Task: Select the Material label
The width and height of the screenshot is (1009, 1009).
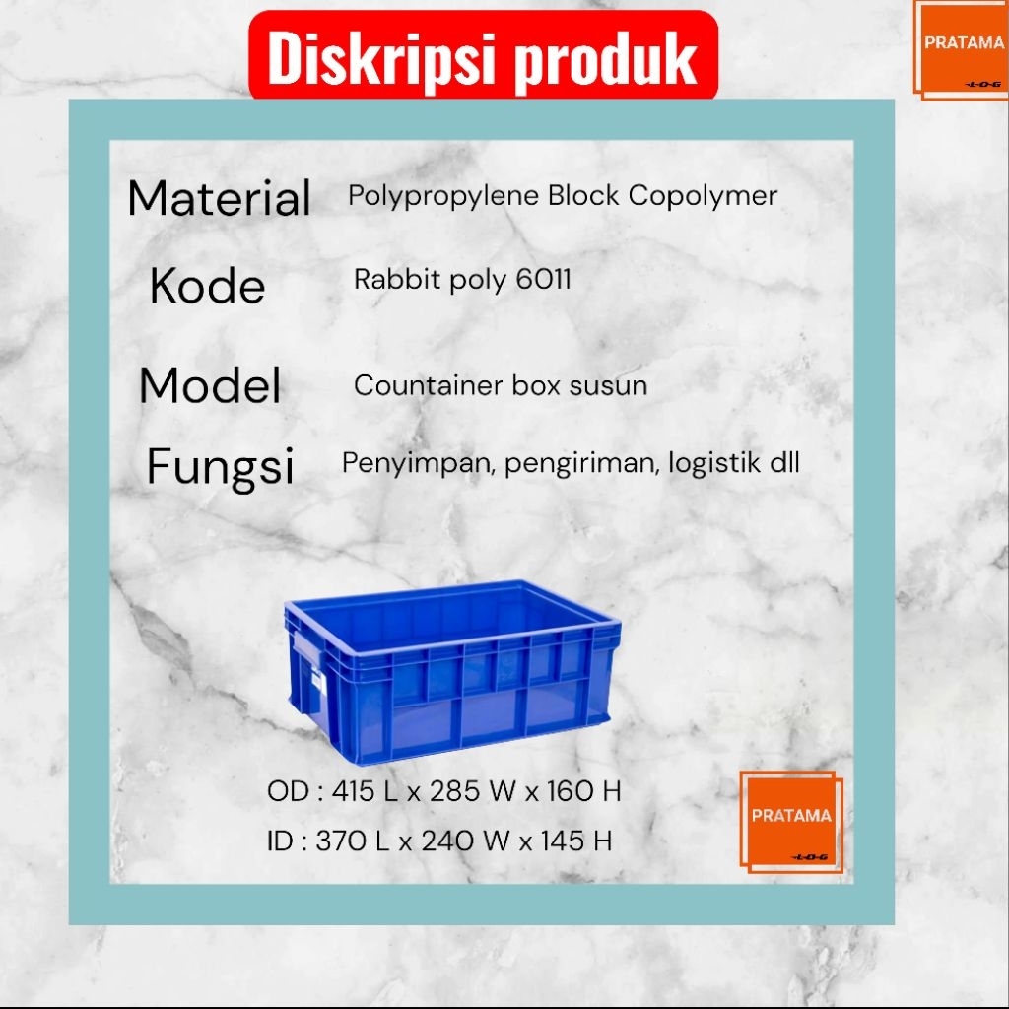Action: tap(219, 197)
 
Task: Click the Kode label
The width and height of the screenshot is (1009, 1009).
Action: tap(207, 285)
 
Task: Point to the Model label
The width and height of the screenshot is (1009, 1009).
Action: tap(210, 385)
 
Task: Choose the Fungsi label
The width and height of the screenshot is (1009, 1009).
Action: tap(220, 466)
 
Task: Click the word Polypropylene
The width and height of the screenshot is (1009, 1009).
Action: tap(443, 196)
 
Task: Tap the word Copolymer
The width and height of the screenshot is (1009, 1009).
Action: tap(703, 196)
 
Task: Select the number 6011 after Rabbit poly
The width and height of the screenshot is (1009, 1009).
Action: tap(543, 279)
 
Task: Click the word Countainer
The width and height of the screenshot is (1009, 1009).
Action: tap(428, 385)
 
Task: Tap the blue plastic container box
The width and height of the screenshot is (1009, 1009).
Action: tap(452, 671)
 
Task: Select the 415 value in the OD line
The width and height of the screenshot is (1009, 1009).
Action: tap(354, 791)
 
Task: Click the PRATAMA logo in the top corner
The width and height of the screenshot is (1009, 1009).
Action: tap(962, 49)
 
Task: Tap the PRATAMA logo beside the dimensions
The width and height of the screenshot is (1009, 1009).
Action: tap(791, 822)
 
